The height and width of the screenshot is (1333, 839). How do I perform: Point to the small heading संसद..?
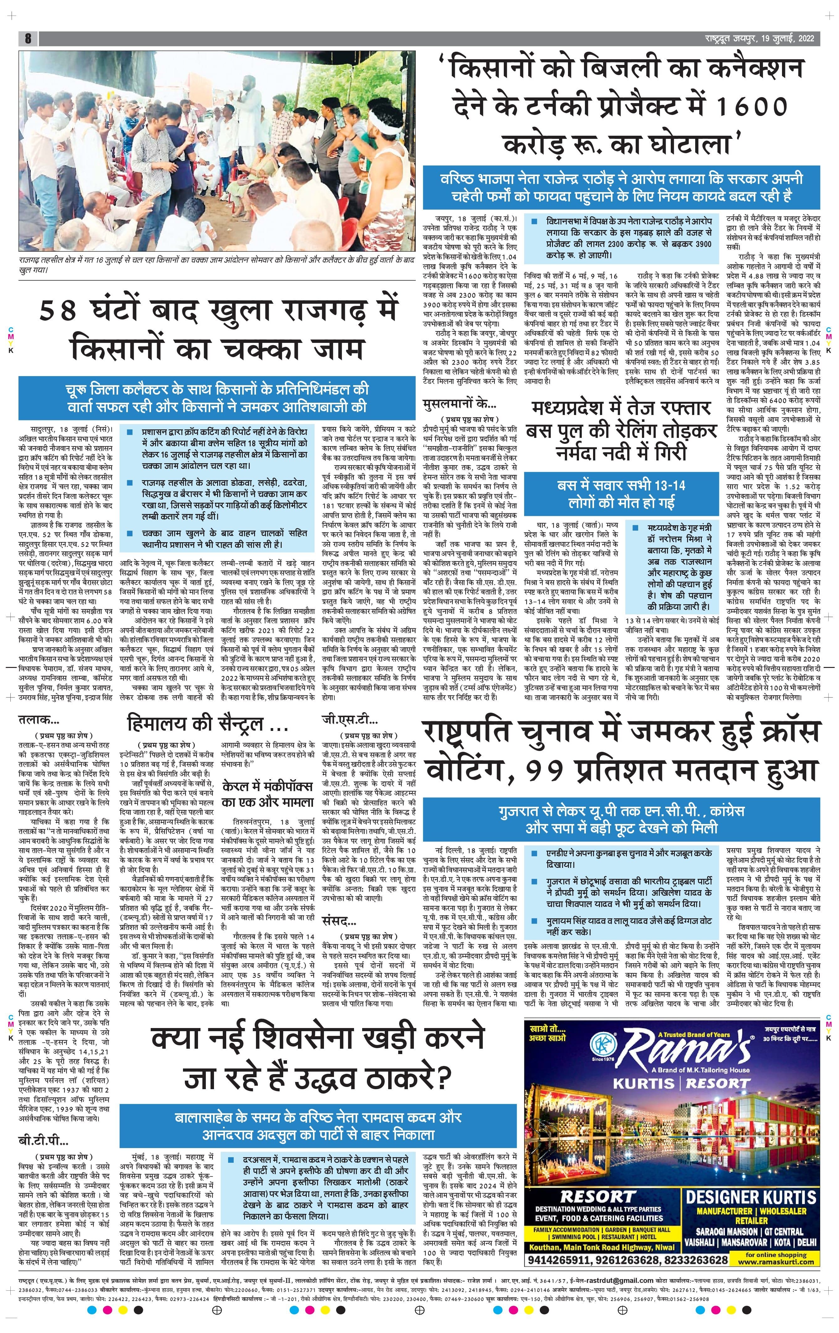(x=339, y=922)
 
